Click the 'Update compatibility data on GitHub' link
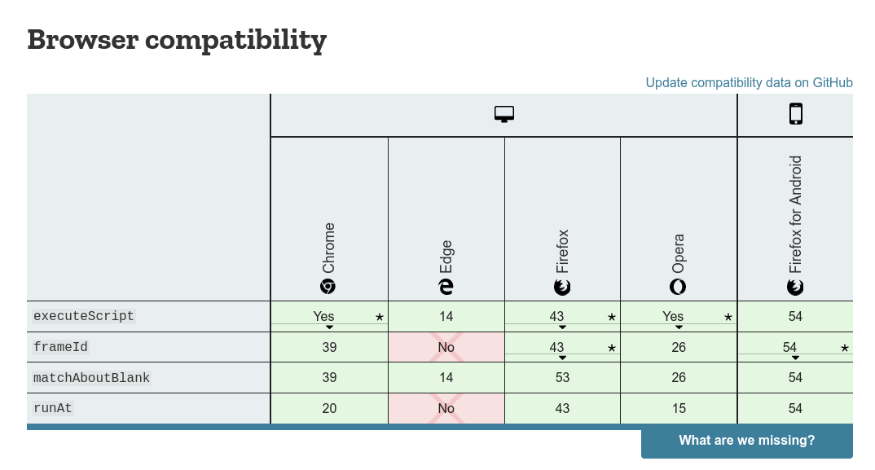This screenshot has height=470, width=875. pyautogui.click(x=749, y=82)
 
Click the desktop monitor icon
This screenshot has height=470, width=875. pyautogui.click(x=504, y=114)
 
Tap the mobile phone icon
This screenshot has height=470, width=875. pyautogui.click(x=796, y=114)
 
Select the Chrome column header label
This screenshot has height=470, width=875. pyautogui.click(x=328, y=248)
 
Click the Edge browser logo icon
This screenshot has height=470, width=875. pyautogui.click(x=446, y=287)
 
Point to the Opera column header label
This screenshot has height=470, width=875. pyautogui.click(x=678, y=253)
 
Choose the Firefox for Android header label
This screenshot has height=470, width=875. pyautogui.click(x=795, y=214)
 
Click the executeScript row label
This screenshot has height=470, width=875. pyautogui.click(x=84, y=316)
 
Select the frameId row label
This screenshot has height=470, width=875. pyautogui.click(x=60, y=347)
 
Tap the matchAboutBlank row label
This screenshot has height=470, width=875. pyautogui.click(x=91, y=378)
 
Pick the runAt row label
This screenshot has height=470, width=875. pyautogui.click(x=52, y=408)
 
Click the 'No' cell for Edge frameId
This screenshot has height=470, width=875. pyautogui.click(x=446, y=347)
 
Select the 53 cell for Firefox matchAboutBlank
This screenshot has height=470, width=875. pyautogui.click(x=562, y=377)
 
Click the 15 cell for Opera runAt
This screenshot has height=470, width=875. pyautogui.click(x=679, y=408)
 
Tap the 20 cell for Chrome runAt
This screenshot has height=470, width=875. pyautogui.click(x=329, y=408)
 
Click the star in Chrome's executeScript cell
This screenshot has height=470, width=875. pyautogui.click(x=380, y=317)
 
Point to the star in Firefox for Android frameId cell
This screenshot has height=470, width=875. pyautogui.click(x=845, y=348)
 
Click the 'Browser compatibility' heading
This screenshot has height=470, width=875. pyautogui.click(x=177, y=40)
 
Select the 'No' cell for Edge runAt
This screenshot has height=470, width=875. pyautogui.click(x=446, y=408)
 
